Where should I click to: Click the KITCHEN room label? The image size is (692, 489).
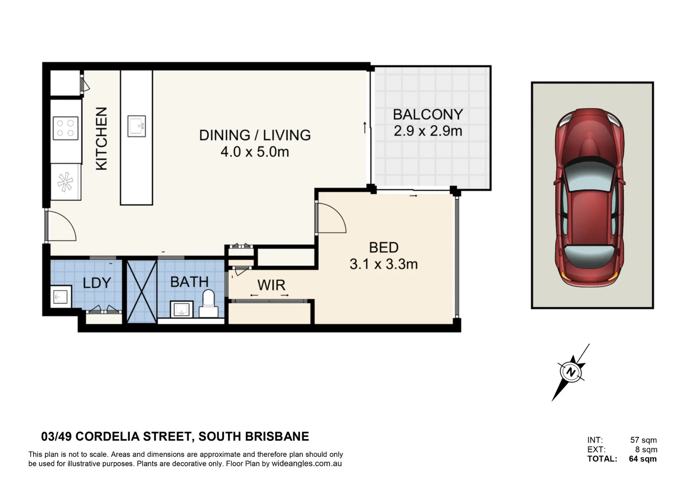[x=101, y=139]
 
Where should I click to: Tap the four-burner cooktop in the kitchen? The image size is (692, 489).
[x=66, y=128]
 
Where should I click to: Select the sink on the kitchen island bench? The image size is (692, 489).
[x=136, y=126]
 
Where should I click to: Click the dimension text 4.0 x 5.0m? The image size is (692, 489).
[x=255, y=152]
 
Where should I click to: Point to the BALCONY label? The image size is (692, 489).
[x=428, y=115]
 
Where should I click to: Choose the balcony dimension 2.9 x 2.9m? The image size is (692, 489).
[x=428, y=131]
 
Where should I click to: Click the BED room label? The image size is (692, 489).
[x=384, y=248]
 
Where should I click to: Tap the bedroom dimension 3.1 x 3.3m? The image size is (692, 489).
[x=384, y=264]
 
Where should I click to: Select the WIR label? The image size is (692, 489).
[x=271, y=285]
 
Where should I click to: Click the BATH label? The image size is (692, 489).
[x=189, y=282]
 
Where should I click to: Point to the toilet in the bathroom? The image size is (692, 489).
[x=208, y=304]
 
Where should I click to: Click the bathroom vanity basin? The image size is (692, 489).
[x=182, y=309]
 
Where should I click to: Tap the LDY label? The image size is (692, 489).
[x=97, y=283]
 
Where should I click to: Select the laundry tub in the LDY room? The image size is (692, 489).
[x=61, y=297]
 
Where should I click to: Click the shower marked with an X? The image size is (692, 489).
[x=142, y=291]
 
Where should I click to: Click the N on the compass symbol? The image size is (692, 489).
[x=571, y=372]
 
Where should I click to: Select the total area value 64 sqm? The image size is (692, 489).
[x=642, y=459]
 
